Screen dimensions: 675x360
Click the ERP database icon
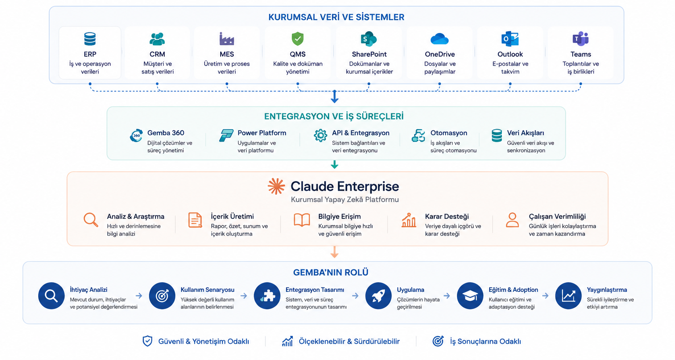click(x=90, y=39)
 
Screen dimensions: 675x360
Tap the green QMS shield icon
click(x=298, y=39)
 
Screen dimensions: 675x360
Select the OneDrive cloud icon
click(x=439, y=39)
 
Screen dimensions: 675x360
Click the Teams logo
click(x=581, y=39)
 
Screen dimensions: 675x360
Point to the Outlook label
click(x=510, y=54)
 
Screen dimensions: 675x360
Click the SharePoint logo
click(x=369, y=39)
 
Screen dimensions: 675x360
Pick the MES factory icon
click(x=227, y=39)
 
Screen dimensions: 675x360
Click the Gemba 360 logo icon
click(x=137, y=135)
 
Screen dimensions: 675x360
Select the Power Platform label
click(x=261, y=133)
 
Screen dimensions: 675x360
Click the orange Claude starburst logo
click(x=276, y=186)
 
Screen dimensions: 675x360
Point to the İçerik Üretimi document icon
click(x=195, y=220)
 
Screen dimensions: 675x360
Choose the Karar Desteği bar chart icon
click(x=409, y=220)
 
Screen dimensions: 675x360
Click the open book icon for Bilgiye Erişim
click(x=301, y=220)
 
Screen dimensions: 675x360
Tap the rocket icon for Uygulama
click(x=378, y=296)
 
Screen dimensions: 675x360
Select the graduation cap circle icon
click(x=470, y=296)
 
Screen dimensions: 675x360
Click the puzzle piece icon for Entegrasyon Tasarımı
click(x=267, y=296)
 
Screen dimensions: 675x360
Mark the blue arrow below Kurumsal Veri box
click(x=334, y=96)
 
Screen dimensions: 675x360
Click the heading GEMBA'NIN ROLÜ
click(x=330, y=272)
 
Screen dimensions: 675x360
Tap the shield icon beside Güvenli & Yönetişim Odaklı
click(x=147, y=341)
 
